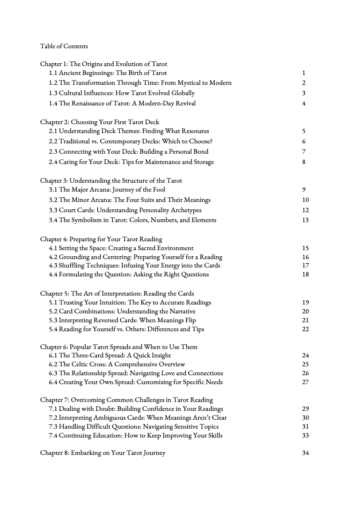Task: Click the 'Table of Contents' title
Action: point(64,46)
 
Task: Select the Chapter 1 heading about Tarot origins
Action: point(103,64)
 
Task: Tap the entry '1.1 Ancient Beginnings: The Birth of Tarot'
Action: point(108,73)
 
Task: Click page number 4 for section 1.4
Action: point(304,104)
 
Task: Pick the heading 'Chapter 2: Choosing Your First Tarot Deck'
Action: point(100,122)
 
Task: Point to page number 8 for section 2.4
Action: point(304,162)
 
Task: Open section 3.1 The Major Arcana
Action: point(107,190)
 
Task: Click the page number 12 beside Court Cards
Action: point(306,210)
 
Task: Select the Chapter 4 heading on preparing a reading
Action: point(101,239)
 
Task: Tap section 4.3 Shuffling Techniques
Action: point(134,266)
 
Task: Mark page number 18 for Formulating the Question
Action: point(306,275)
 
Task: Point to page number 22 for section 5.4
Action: point(306,329)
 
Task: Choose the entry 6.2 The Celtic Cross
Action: point(117,364)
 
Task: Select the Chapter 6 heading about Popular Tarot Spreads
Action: point(118,347)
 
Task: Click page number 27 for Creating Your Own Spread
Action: point(306,382)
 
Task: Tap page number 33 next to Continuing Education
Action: point(306,436)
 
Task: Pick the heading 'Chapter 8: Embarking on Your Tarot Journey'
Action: point(103,453)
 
